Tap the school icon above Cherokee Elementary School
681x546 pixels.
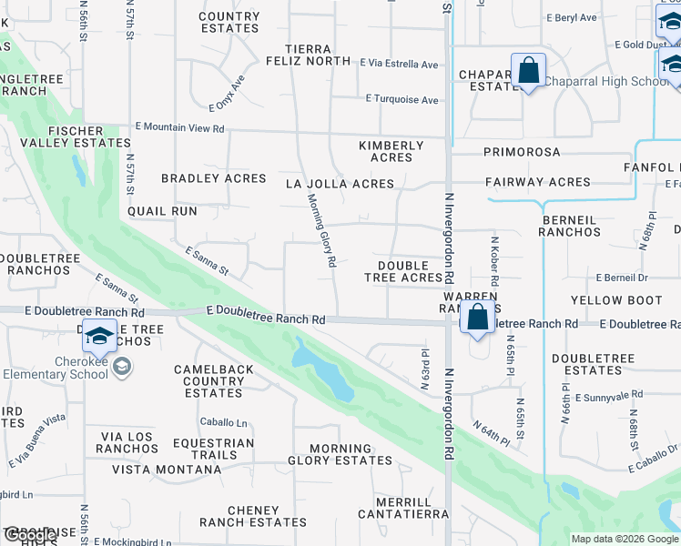click(x=99, y=338)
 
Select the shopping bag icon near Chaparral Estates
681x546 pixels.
click(x=528, y=71)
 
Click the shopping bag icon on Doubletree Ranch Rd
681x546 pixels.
click(x=477, y=318)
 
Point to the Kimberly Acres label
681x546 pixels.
click(x=391, y=151)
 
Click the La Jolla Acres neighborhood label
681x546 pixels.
click(x=340, y=184)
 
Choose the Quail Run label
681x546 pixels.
click(x=162, y=211)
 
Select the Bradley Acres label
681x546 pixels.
click(x=214, y=178)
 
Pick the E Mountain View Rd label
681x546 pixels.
click(x=179, y=128)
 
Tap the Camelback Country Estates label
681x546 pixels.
click(x=214, y=381)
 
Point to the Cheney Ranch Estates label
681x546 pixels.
click(x=254, y=516)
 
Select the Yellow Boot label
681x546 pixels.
click(x=616, y=300)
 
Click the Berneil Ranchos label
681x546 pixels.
click(x=571, y=226)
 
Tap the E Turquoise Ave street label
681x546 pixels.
click(x=401, y=98)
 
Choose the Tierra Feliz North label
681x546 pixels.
click(x=307, y=55)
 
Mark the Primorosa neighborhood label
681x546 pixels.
click(x=522, y=152)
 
